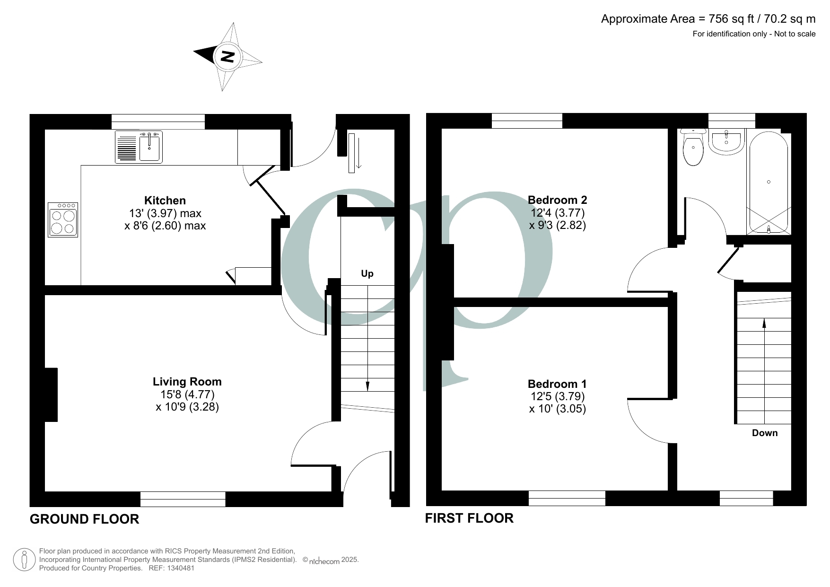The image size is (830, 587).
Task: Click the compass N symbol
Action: pos(228,56)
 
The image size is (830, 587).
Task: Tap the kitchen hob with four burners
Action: pos(63,219)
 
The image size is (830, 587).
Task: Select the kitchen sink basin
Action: pos(150,147)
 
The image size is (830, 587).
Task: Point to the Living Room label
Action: pos(187,382)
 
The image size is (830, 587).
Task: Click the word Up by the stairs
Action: pos(367,274)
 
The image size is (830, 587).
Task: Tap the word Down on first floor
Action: pos(764,433)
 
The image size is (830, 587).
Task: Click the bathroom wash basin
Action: pos(726,142)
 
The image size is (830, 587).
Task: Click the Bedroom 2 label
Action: pos(557,200)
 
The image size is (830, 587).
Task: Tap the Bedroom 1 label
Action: pos(557,384)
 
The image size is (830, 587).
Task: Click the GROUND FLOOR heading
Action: pos(84,519)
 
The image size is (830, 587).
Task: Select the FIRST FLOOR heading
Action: pos(469,518)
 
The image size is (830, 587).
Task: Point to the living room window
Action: pos(183,499)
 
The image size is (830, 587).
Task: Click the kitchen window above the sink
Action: pos(158,122)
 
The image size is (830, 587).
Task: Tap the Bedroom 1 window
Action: pos(567,498)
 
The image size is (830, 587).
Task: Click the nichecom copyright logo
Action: pos(324,561)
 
